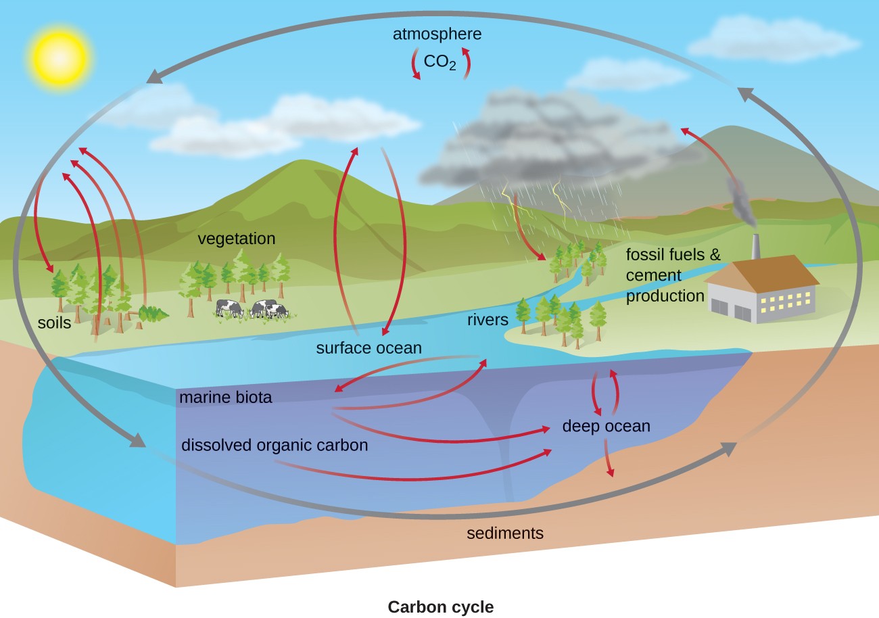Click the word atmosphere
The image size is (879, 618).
(x=438, y=34)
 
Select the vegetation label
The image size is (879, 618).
(x=236, y=239)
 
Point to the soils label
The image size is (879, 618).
(x=54, y=323)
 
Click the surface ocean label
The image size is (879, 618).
(x=369, y=348)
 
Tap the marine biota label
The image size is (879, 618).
(x=225, y=398)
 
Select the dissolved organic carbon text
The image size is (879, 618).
(x=275, y=445)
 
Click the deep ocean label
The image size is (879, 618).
(x=606, y=426)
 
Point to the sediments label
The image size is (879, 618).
(x=505, y=533)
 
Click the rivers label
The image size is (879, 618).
(x=487, y=319)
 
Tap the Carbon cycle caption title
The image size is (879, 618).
(x=440, y=607)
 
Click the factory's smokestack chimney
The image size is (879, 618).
(x=756, y=247)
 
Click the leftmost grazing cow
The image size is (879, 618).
(x=230, y=308)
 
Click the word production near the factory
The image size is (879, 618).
(x=665, y=295)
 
